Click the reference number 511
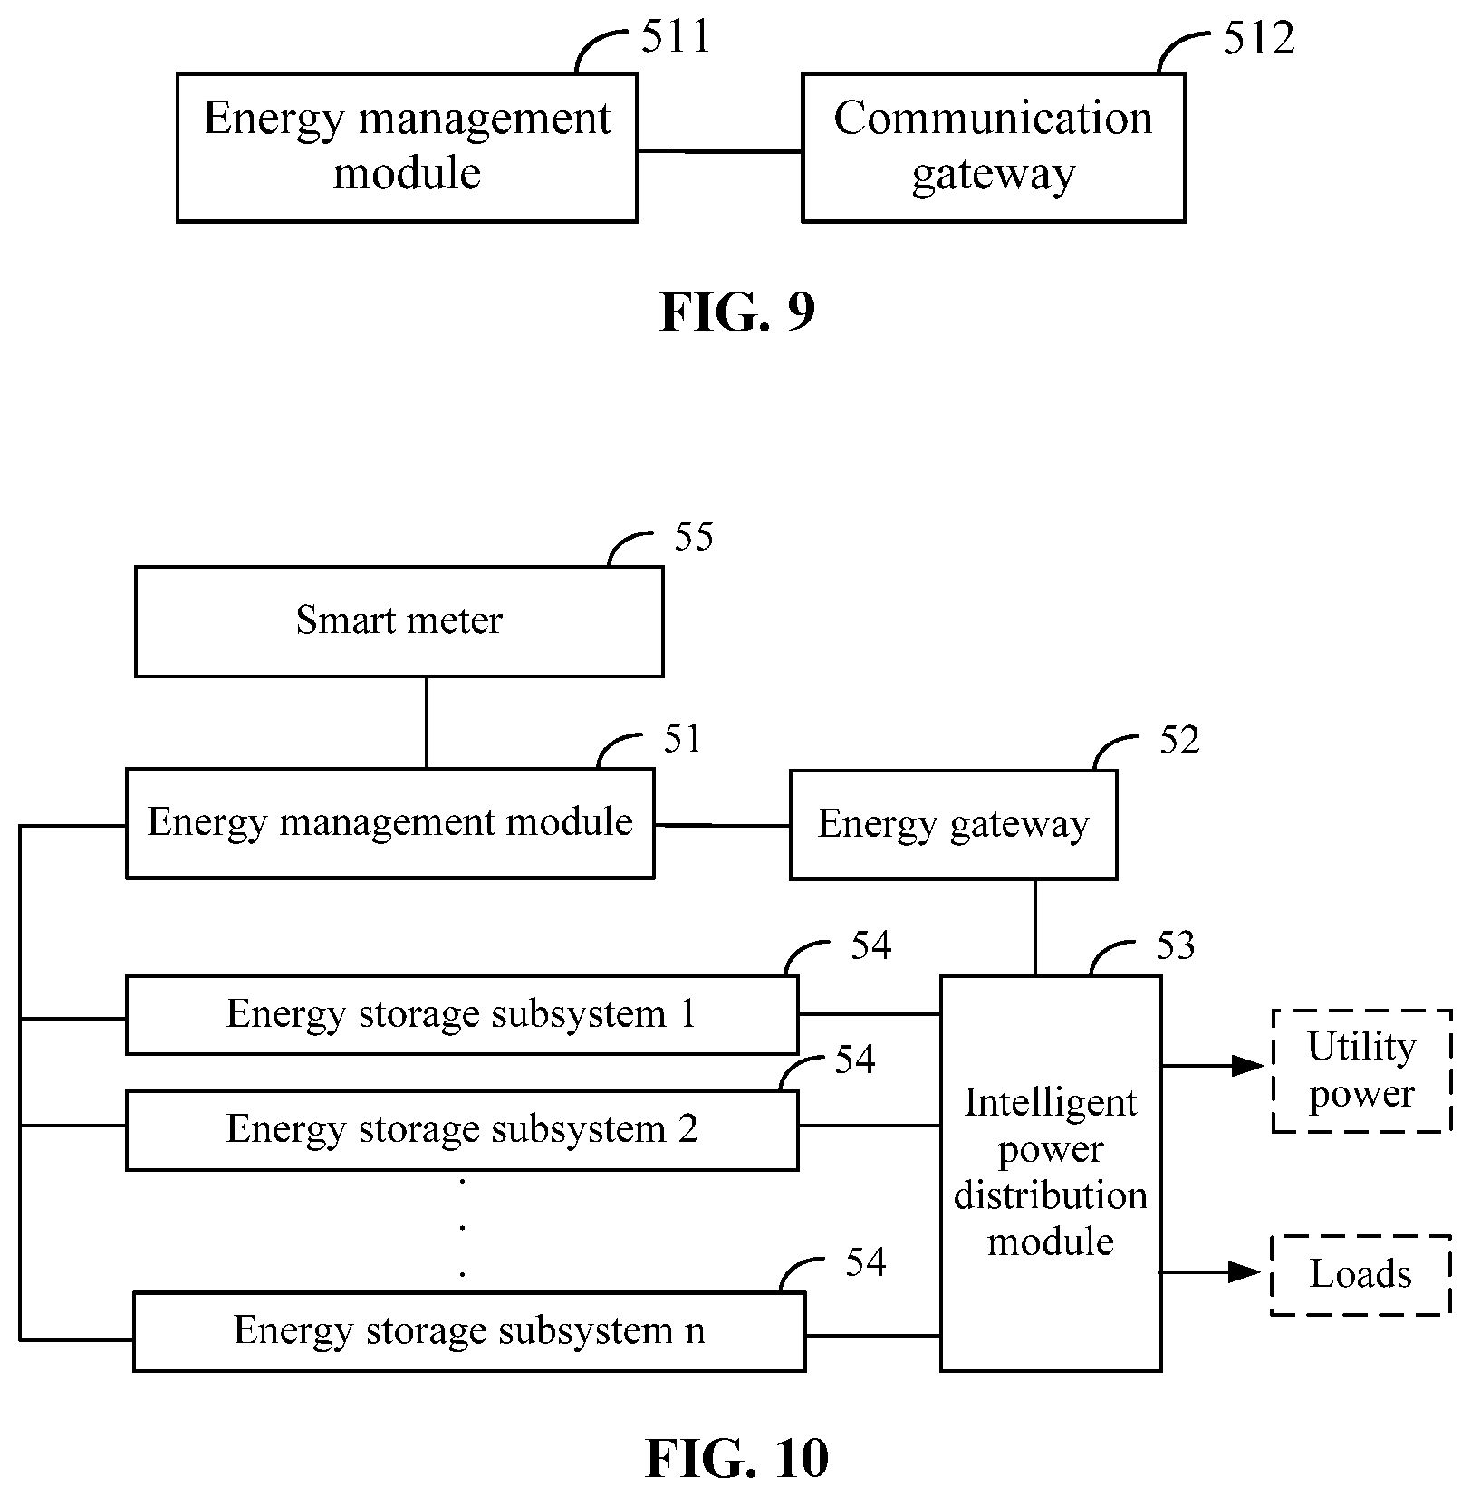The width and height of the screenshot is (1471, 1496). click(676, 38)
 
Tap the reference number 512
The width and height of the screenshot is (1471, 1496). click(1258, 38)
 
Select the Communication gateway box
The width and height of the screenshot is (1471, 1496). click(994, 148)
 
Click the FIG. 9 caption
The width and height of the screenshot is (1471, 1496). click(737, 312)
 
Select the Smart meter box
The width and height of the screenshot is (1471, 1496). click(399, 621)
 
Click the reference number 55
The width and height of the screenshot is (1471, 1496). click(694, 536)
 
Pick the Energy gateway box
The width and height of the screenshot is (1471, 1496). click(953, 824)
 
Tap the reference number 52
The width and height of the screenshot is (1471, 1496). click(1179, 741)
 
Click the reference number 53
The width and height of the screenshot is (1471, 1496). click(1176, 946)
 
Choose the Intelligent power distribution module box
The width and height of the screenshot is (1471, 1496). click(1051, 1173)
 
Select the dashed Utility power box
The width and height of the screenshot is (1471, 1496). click(1361, 1070)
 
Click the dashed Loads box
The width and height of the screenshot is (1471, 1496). click(1360, 1274)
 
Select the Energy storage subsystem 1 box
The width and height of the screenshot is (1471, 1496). click(461, 1014)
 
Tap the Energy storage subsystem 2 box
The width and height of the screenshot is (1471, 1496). click(461, 1129)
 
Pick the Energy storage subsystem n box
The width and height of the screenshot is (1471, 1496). click(468, 1331)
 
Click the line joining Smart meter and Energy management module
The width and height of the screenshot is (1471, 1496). click(427, 723)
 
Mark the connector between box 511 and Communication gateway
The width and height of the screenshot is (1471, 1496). click(719, 151)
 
